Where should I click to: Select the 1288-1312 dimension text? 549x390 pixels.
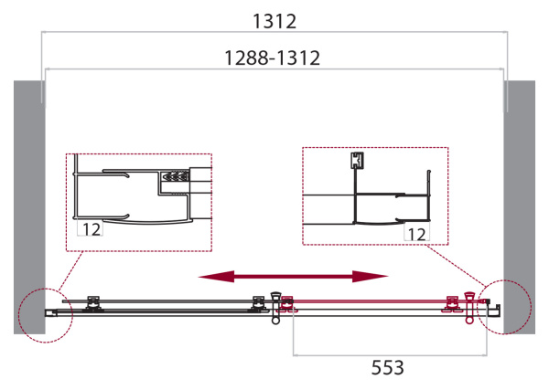coord(274,58)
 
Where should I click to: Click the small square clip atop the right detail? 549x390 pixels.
coord(357,162)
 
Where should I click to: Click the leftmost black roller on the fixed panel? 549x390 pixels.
coord(91,302)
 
